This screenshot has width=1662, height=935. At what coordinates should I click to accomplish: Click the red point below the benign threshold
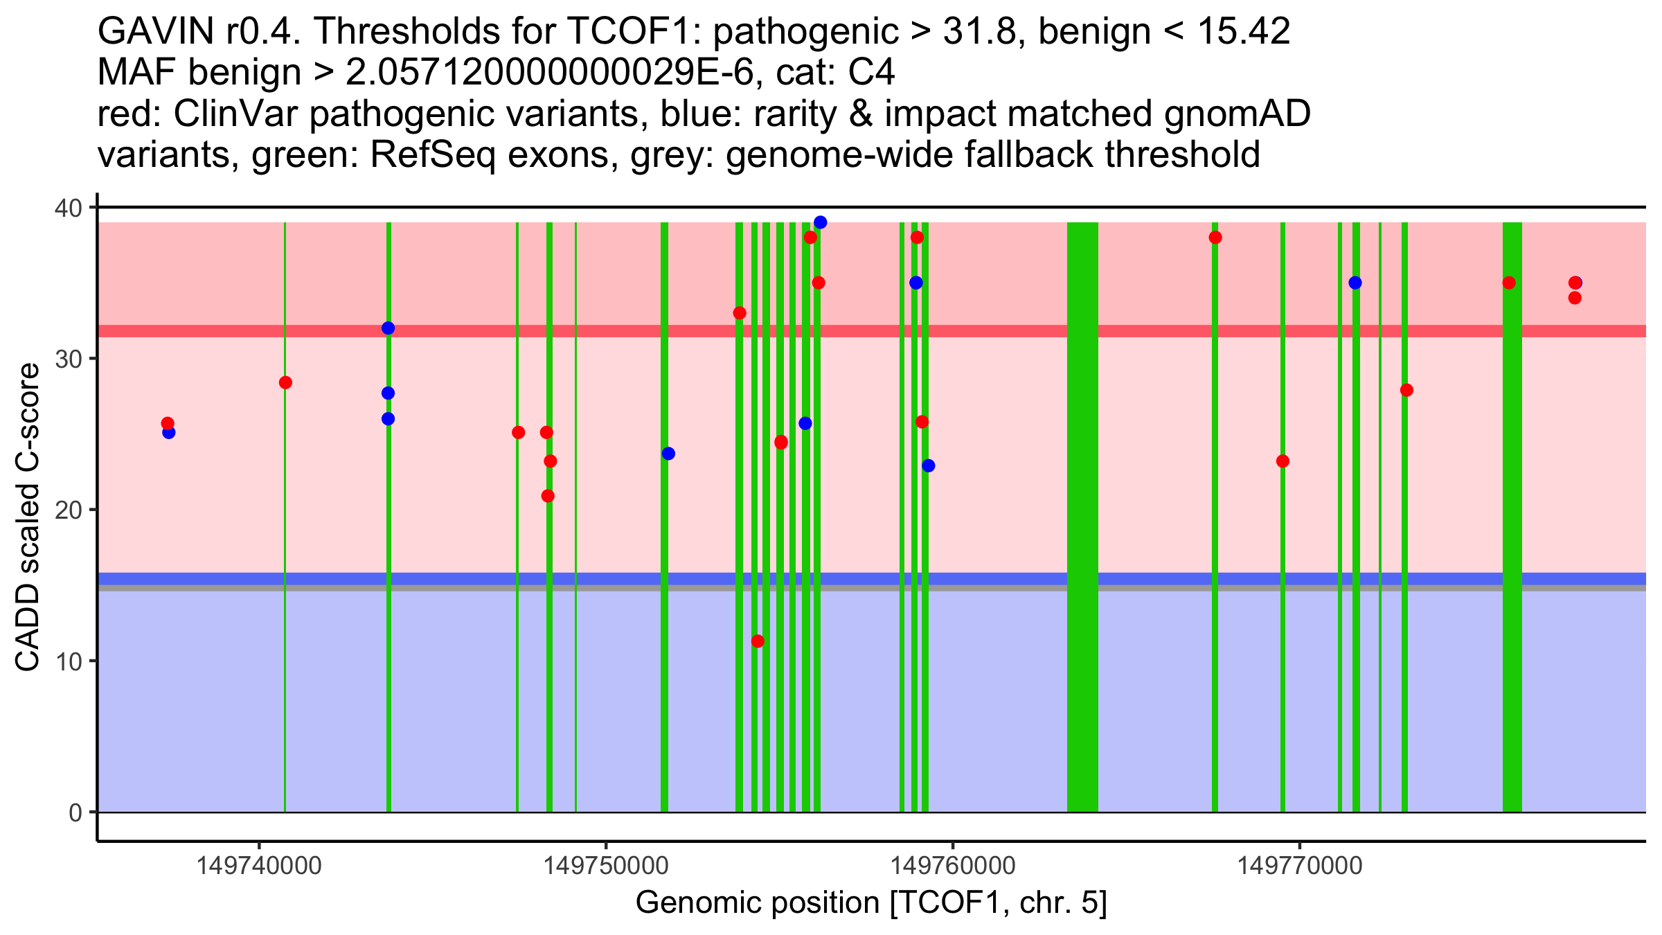[x=758, y=641]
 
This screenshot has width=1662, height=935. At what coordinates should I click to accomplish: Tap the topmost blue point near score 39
[x=821, y=222]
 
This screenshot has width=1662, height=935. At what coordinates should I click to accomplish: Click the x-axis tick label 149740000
[x=259, y=866]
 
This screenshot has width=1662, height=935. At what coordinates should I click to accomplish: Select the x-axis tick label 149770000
[x=1300, y=866]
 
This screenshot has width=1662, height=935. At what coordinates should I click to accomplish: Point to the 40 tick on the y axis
[x=73, y=208]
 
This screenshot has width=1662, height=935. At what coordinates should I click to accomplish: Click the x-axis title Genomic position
[x=871, y=903]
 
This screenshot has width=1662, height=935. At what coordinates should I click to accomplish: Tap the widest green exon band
[x=1082, y=517]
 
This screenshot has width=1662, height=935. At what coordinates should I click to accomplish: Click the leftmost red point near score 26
[x=168, y=423]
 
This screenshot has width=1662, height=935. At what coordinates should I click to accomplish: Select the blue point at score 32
[x=388, y=328]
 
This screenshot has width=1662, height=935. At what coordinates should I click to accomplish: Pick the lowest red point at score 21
[x=548, y=496]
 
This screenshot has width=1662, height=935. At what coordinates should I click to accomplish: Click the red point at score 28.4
[x=285, y=383]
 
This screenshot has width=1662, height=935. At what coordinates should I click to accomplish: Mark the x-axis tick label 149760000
[x=953, y=866]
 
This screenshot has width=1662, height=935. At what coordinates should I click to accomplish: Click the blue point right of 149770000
[x=1355, y=283]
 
